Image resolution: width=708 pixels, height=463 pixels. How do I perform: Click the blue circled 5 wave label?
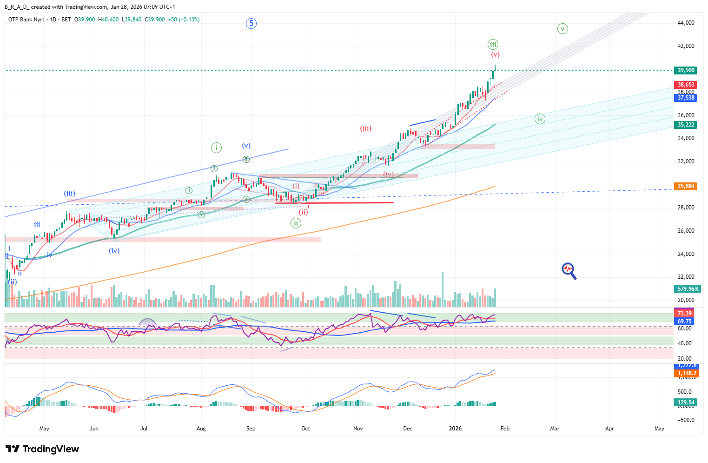coord(251,23)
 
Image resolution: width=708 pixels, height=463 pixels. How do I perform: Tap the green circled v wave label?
coord(562,29)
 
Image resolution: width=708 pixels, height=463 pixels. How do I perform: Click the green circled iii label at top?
coord(493,45)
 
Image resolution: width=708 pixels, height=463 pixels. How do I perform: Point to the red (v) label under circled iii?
coord(495,54)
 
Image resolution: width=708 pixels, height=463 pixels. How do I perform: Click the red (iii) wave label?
coord(365,128)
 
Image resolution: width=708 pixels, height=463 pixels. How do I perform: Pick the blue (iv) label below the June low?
coord(114,250)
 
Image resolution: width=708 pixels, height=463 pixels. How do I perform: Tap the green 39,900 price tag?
coord(686,70)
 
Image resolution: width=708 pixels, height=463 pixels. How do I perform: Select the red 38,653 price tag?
coord(686,85)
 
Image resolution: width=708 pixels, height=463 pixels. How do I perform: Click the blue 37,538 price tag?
coord(686,98)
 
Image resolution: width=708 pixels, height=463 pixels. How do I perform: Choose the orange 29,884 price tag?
coord(686,186)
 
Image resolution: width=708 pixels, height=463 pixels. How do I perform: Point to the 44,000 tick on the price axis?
coord(686,23)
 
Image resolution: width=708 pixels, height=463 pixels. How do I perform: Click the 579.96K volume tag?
coord(687,289)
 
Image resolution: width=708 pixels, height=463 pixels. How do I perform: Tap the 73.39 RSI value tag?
coord(684,314)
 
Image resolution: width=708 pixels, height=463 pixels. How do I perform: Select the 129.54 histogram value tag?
coord(686,403)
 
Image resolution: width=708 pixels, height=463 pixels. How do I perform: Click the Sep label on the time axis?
coord(251,429)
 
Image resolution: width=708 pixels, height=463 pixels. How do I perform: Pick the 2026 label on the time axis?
coord(455,429)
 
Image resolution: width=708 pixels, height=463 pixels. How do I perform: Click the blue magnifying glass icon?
coord(569,271)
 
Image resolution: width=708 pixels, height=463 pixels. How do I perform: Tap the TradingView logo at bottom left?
coord(42,449)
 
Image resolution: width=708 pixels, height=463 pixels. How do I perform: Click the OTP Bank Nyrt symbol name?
coord(26,20)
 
